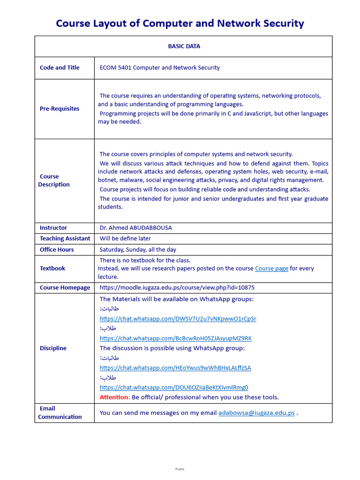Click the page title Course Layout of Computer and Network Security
tap(180, 23)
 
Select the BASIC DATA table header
tap(184, 46)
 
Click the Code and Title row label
tap(60, 67)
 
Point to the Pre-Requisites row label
tap(60, 109)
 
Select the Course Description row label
tap(54, 180)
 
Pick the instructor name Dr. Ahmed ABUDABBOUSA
tap(135, 228)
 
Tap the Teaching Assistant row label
tap(65, 239)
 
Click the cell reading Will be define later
tap(125, 239)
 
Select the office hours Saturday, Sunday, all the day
tap(138, 250)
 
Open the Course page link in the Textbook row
tap(271, 269)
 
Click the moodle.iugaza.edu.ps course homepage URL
tap(177, 287)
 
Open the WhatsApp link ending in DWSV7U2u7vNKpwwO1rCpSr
tap(178, 319)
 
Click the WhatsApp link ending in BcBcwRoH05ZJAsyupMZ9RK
tap(176, 338)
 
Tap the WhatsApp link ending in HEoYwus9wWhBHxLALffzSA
tap(175, 368)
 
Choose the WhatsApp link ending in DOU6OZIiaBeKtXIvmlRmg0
tap(174, 388)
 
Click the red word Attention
tap(114, 397)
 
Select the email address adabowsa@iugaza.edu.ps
tap(256, 413)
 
